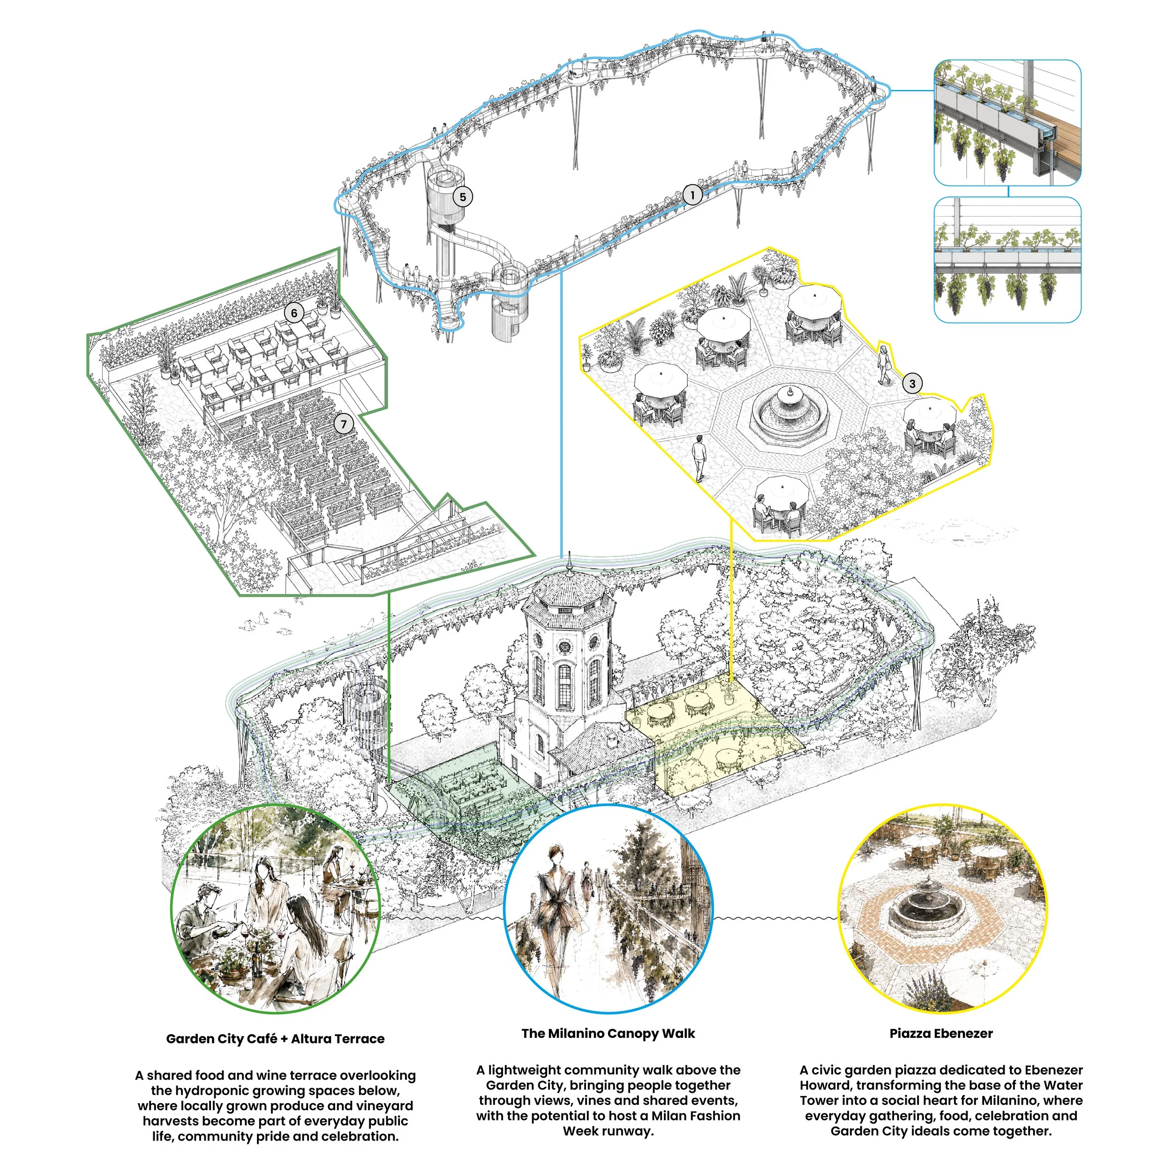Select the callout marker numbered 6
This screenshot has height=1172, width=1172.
[294, 313]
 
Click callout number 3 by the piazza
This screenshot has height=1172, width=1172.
[912, 383]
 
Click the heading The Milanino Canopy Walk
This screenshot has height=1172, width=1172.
[608, 1034]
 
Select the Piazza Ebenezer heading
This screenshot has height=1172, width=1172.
[941, 1034]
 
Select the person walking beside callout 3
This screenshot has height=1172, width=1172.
[885, 365]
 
